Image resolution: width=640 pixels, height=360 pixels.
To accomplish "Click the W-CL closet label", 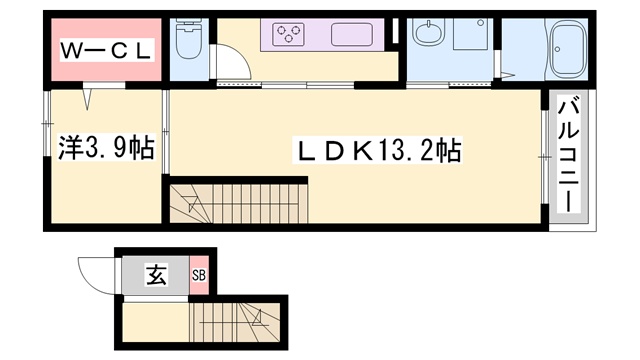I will tap(104, 50).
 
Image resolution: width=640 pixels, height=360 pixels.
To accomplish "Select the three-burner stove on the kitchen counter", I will tap(291, 36).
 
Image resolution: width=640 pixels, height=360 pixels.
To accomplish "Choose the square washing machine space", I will tap(469, 35).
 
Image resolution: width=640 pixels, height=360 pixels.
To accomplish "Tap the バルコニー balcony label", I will tap(568, 153).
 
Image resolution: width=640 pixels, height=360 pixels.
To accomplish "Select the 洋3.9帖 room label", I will tap(104, 149).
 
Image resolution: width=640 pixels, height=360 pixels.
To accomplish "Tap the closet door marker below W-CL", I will tap(91, 99).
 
